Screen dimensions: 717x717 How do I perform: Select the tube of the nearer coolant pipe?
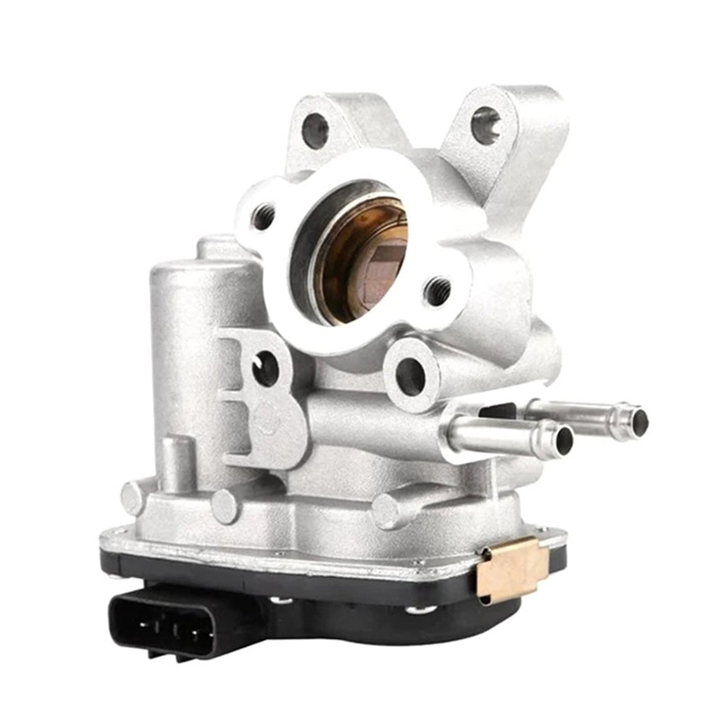pyautogui.click(x=496, y=427)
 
